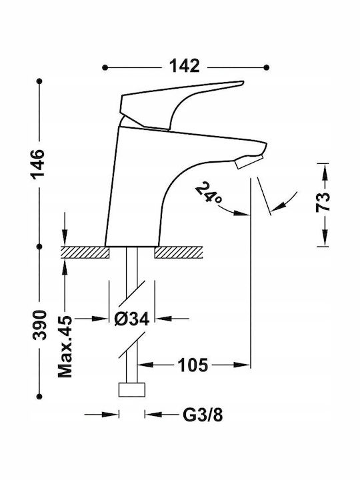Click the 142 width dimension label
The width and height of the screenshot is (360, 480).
(x=185, y=66)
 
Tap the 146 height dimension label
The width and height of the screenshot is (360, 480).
(x=38, y=163)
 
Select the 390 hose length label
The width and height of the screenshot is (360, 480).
(x=40, y=325)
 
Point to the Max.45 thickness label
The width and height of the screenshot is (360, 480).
(x=65, y=346)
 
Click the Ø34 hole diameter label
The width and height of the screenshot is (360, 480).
(x=132, y=319)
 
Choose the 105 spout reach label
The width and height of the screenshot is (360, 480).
(x=193, y=365)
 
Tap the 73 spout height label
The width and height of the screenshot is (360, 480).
(x=323, y=202)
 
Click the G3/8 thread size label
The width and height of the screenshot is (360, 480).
(x=203, y=415)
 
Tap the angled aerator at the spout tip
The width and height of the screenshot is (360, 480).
(x=249, y=161)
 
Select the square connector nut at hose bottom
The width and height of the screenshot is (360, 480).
(x=131, y=390)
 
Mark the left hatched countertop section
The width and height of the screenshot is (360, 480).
(x=85, y=252)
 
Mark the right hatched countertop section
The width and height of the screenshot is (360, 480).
(x=178, y=252)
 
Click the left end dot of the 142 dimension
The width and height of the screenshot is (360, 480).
(x=105, y=67)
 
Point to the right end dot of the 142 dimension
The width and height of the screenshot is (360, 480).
(x=266, y=67)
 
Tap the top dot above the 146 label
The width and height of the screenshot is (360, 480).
(x=39, y=81)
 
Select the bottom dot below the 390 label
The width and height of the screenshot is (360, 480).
(x=39, y=396)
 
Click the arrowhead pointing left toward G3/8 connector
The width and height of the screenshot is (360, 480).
(x=153, y=415)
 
